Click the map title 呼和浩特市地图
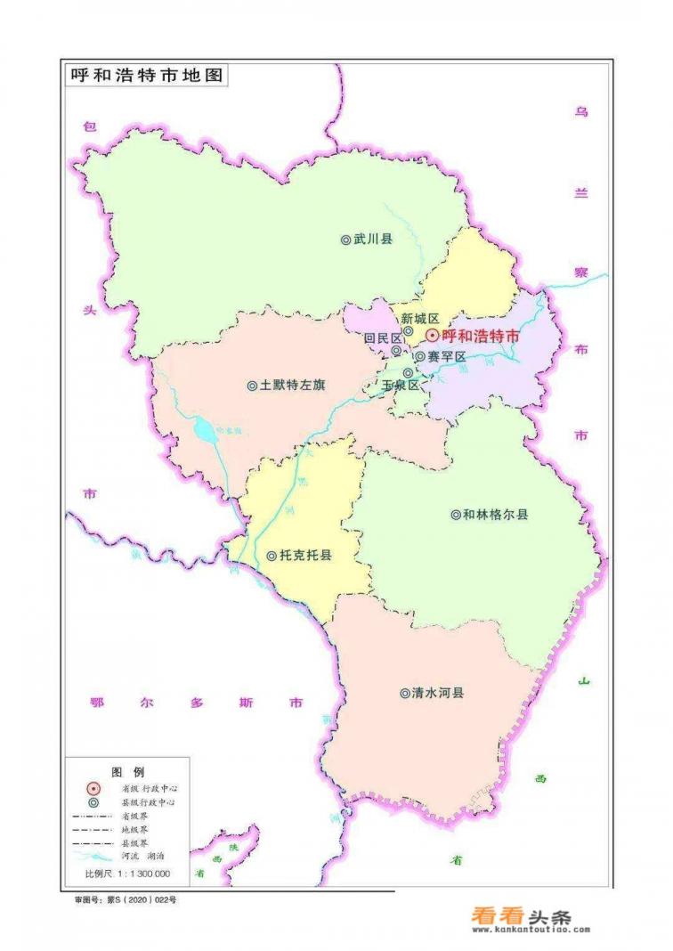coord(147,76)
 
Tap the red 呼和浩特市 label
coord(480,336)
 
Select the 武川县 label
coord(373,240)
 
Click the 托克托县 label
coord(305,556)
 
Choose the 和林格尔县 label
coord(496,514)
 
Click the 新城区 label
coord(420,319)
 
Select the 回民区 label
coord(383,338)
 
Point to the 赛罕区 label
coord(447,356)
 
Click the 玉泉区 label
coord(400,386)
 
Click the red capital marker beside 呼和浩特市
coord(432,336)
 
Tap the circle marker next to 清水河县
coord(405,693)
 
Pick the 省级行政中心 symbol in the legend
coord(93,788)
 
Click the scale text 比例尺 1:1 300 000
coord(126,874)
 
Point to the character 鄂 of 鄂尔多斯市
coord(95,703)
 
